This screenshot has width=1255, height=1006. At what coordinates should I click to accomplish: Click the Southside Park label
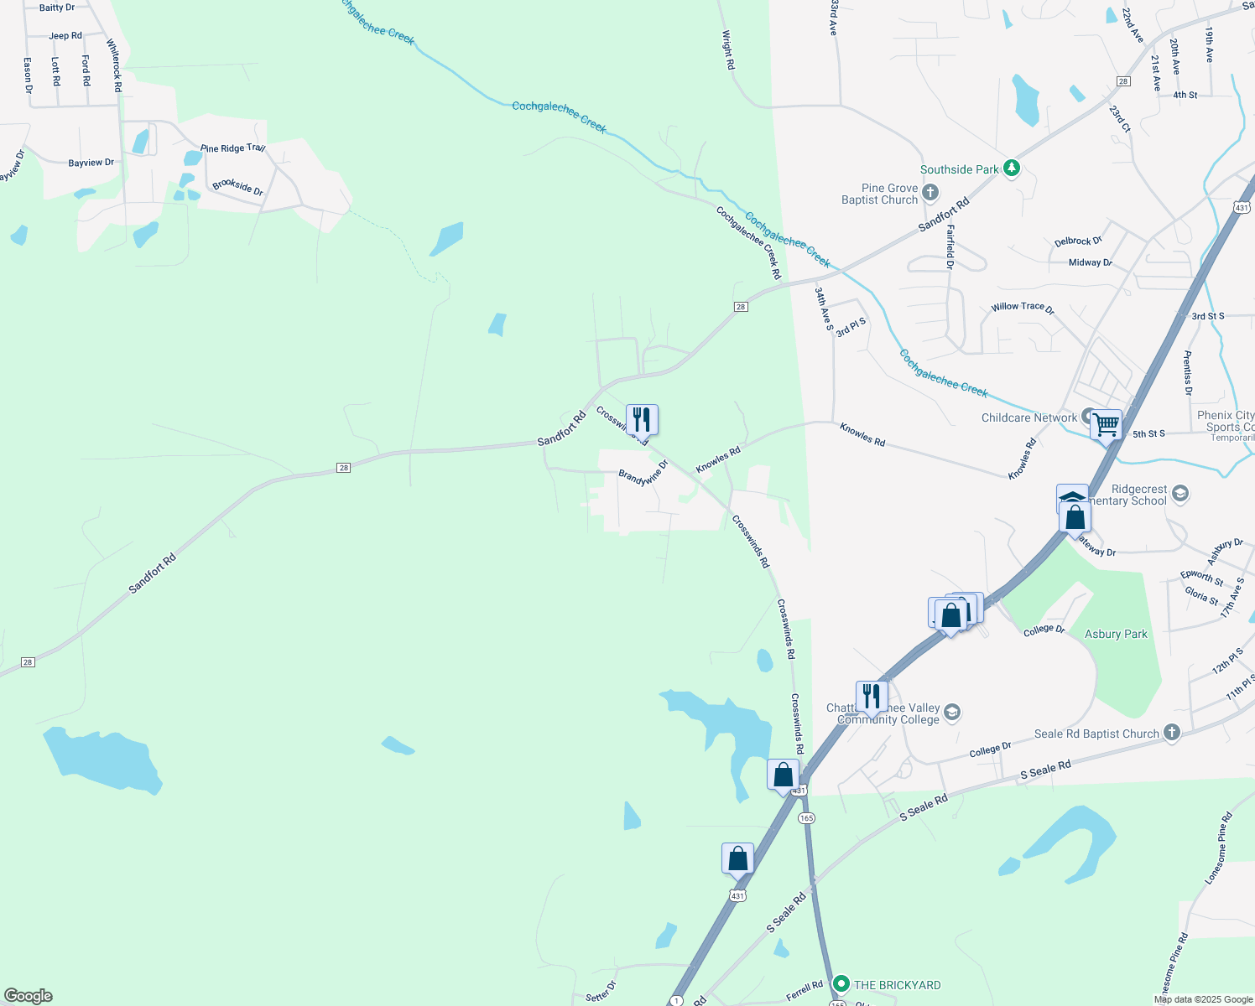(x=959, y=169)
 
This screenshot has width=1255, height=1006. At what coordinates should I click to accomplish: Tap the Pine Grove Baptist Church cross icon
(x=930, y=194)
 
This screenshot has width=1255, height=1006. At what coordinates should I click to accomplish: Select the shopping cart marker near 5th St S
(x=1106, y=424)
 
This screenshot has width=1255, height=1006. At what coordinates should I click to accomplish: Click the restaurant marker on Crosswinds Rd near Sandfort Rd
(x=642, y=418)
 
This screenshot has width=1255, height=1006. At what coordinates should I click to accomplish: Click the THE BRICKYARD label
(x=897, y=985)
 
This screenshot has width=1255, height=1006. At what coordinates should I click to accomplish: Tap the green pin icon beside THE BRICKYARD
(x=841, y=984)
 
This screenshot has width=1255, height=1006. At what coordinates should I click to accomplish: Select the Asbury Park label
(x=1116, y=634)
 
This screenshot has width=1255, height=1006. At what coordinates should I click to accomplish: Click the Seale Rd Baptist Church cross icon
(x=1172, y=733)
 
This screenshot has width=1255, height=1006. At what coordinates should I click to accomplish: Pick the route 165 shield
(x=806, y=817)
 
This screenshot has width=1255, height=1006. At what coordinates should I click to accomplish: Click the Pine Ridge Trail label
(x=232, y=148)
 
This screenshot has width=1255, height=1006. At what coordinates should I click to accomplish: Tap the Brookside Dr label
(x=237, y=187)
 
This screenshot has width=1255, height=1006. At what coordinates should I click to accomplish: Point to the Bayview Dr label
(x=91, y=163)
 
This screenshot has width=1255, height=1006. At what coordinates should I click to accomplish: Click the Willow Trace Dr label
(x=1022, y=308)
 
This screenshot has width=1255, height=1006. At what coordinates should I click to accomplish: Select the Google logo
(x=29, y=996)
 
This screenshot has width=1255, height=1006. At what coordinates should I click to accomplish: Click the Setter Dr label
(x=601, y=992)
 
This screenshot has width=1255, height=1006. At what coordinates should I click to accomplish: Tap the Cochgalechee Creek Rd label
(x=748, y=243)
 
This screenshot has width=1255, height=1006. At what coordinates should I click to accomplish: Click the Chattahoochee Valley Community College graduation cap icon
(x=951, y=713)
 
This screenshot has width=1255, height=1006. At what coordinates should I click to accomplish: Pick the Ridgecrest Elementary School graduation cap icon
(x=1179, y=493)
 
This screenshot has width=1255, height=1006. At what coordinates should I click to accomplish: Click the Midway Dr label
(x=1090, y=262)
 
